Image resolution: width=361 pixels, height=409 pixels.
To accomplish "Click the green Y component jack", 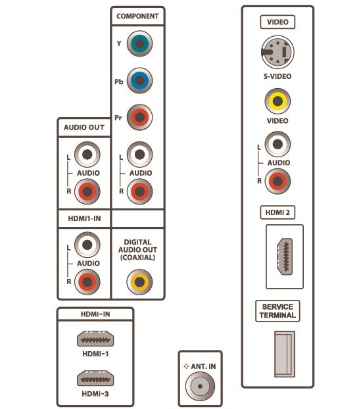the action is click(x=139, y=43).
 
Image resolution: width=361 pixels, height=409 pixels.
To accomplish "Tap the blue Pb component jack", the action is click(x=139, y=81).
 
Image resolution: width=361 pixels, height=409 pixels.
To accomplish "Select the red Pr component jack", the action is click(x=139, y=118).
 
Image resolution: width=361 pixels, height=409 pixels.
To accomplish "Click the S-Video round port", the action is click(x=277, y=52).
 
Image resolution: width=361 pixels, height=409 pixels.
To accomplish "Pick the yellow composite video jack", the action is click(x=277, y=101).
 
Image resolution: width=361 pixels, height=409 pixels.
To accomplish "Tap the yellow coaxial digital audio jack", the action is click(x=139, y=282).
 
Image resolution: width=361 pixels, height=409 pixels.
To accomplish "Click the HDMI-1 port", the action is click(x=95, y=339).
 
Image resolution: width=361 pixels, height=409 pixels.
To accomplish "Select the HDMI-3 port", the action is click(x=95, y=378).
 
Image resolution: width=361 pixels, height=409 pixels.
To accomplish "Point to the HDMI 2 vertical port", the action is click(x=285, y=256).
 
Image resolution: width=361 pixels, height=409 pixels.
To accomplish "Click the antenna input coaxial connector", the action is click(x=200, y=386).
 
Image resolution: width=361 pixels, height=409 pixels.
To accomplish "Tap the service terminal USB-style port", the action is click(x=285, y=354).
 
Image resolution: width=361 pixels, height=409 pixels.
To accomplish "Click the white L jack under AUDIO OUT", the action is click(x=87, y=155).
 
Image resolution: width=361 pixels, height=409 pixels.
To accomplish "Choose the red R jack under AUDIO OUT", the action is click(x=87, y=191).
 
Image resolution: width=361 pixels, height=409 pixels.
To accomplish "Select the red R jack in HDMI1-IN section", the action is click(x=87, y=282).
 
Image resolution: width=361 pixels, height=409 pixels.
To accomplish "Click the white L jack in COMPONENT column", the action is click(x=139, y=155).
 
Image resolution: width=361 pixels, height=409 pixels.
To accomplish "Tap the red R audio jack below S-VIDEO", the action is click(x=277, y=181).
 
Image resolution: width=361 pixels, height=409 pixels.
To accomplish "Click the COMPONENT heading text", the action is click(x=137, y=16).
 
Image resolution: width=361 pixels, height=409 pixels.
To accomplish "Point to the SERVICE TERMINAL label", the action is click(x=277, y=311).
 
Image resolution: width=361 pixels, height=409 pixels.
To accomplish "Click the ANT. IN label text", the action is click(x=200, y=366).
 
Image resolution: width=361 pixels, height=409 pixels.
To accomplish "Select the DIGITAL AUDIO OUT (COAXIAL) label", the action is click(x=137, y=250).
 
